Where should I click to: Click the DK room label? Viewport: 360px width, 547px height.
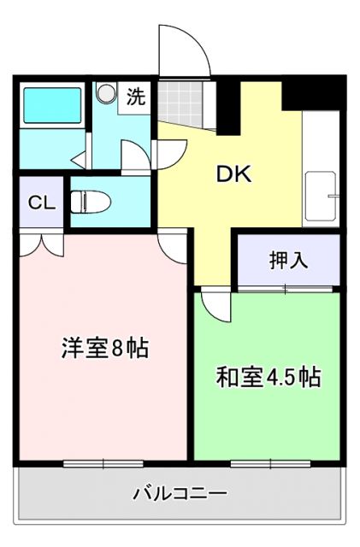232,174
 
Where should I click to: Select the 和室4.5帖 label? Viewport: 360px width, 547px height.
268,376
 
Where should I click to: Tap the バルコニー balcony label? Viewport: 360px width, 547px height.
180,493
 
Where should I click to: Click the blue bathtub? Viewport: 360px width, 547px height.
50,104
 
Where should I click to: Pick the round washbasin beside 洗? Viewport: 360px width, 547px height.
108,93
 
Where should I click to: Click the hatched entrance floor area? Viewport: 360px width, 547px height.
180,103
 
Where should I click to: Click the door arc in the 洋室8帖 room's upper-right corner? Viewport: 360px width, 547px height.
170,245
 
